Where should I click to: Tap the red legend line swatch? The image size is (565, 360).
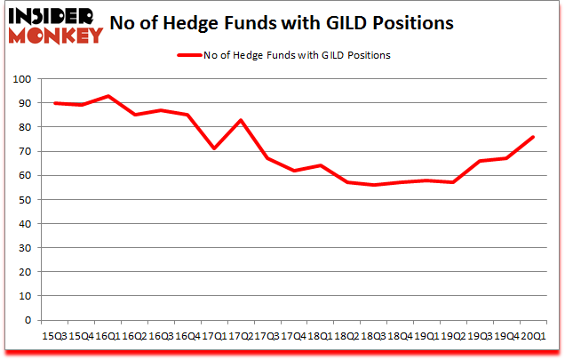click(189, 55)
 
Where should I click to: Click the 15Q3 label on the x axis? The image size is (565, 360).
click(56, 336)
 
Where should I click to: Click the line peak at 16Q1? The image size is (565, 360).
click(107, 96)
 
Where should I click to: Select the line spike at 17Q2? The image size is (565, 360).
click(240, 120)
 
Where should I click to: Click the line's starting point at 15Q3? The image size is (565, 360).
click(55, 103)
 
